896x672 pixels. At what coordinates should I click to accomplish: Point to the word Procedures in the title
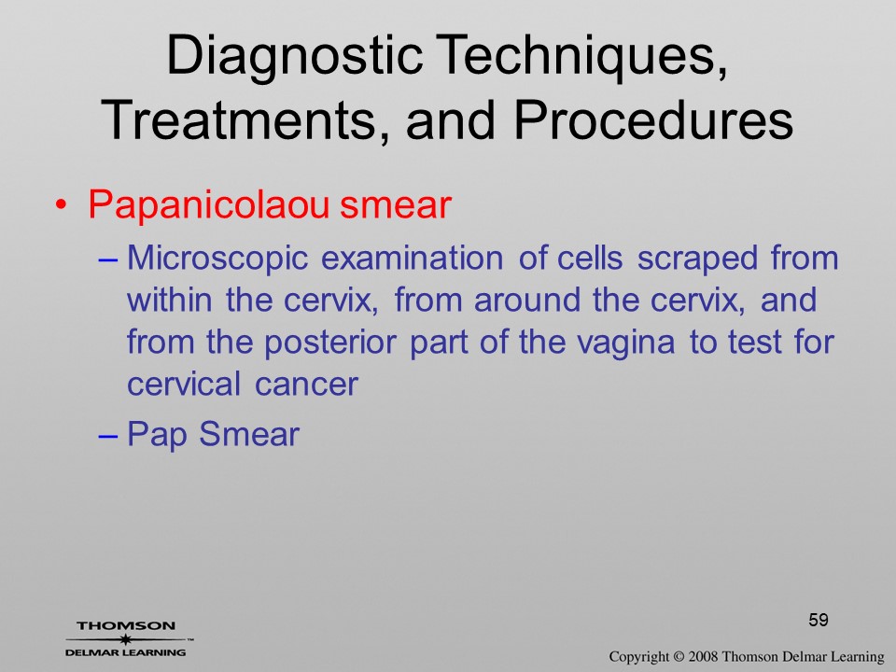pyautogui.click(x=653, y=120)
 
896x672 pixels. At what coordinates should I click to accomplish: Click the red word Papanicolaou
pyautogui.click(x=208, y=205)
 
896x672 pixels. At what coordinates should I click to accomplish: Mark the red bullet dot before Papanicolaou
pyautogui.click(x=62, y=205)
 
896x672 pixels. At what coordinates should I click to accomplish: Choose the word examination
pyautogui.click(x=412, y=259)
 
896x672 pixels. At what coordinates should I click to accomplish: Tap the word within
pyautogui.click(x=169, y=300)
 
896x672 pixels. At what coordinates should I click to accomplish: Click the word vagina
pyautogui.click(x=625, y=343)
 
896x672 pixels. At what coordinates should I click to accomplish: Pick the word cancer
pyautogui.click(x=306, y=384)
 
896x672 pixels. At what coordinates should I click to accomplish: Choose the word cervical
pyautogui.click(x=184, y=383)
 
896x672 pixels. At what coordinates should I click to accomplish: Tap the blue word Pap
pyautogui.click(x=157, y=435)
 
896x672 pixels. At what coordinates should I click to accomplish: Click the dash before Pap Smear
pyautogui.click(x=108, y=435)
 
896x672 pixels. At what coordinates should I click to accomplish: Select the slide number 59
pyautogui.click(x=819, y=620)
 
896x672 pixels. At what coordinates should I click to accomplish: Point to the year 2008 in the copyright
pyautogui.click(x=702, y=656)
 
